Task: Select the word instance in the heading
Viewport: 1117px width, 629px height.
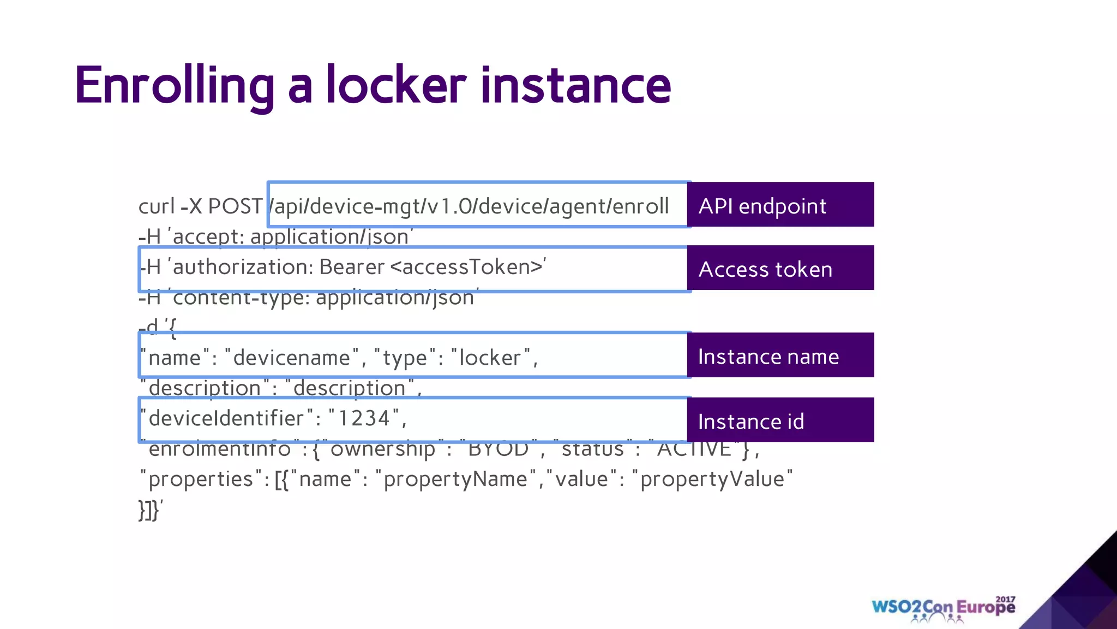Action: pyautogui.click(x=575, y=86)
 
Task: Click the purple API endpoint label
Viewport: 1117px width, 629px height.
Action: pyautogui.click(x=780, y=205)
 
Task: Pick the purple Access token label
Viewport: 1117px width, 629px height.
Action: pyautogui.click(x=780, y=269)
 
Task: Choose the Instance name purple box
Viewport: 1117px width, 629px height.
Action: pyautogui.click(x=780, y=356)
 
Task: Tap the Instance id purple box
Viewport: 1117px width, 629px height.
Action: pyautogui.click(x=780, y=420)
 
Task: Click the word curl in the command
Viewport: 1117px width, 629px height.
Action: pyautogui.click(x=157, y=206)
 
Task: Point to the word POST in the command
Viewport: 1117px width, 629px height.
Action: pyautogui.click(x=235, y=206)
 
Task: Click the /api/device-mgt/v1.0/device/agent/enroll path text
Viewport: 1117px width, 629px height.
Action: pyautogui.click(x=470, y=206)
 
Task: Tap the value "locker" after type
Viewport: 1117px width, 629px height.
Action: pyautogui.click(x=490, y=358)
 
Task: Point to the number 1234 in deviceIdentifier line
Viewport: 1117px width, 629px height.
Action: pyautogui.click(x=364, y=418)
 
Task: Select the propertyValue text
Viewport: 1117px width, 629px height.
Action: pyautogui.click(x=712, y=479)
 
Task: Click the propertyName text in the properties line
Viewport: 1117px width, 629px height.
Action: pyautogui.click(x=455, y=479)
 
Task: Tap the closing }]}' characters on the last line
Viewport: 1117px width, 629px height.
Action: pyautogui.click(x=150, y=510)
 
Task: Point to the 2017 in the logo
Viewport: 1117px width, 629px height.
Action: pyautogui.click(x=1005, y=600)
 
